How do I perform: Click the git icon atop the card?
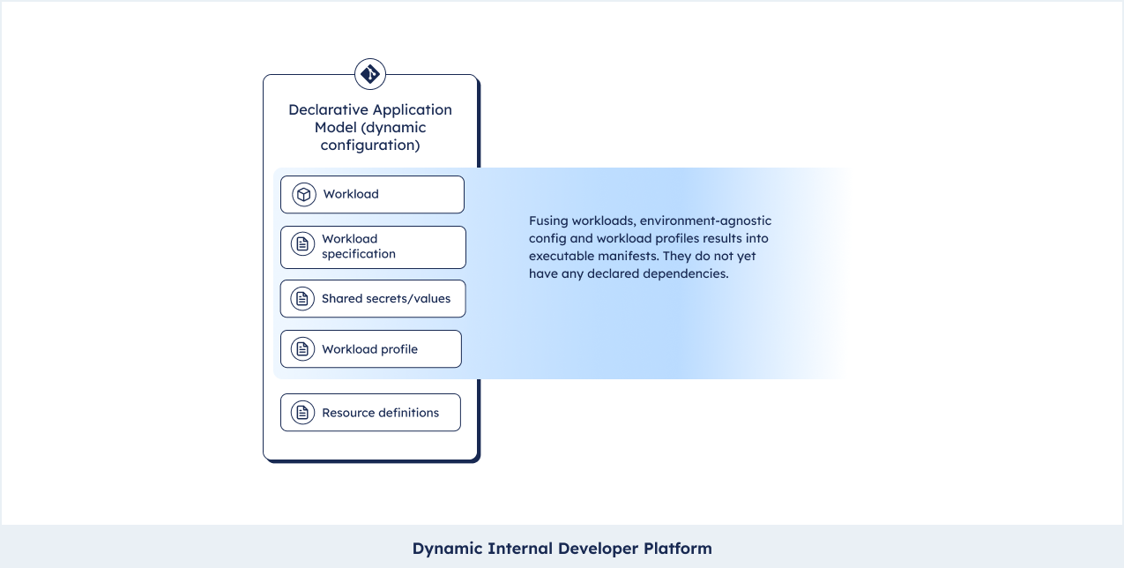tap(370, 74)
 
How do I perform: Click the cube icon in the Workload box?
tap(304, 194)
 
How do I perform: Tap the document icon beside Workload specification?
tap(302, 244)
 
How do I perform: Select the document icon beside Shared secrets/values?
tap(302, 299)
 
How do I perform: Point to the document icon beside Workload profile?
tap(302, 349)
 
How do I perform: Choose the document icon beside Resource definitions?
tap(302, 413)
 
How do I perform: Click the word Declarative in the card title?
tap(328, 109)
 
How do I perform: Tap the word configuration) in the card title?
tap(370, 146)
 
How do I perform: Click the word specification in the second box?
tap(359, 254)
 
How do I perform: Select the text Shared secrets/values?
tap(386, 299)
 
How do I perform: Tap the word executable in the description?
tap(562, 256)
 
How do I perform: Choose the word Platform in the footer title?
tap(678, 549)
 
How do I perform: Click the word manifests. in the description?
tap(629, 256)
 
